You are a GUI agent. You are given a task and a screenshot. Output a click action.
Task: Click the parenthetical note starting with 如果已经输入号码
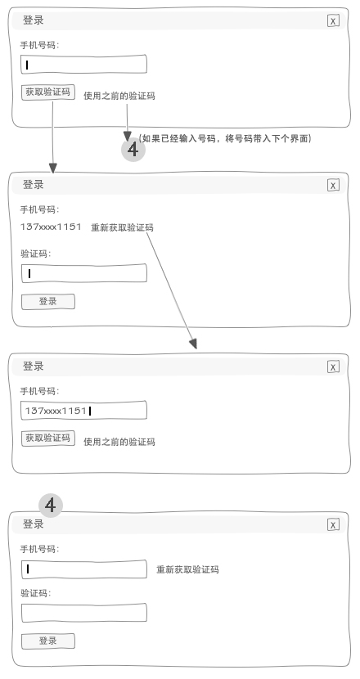tap(225, 138)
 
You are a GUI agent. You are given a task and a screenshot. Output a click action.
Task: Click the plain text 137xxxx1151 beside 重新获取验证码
tap(51, 227)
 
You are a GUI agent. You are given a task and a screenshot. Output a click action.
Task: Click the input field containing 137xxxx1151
tap(84, 411)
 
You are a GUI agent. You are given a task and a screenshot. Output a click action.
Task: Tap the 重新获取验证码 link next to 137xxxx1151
tap(122, 227)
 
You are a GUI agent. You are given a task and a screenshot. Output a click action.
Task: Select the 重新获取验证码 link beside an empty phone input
tap(187, 569)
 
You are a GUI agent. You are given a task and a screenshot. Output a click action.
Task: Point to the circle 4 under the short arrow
tap(133, 150)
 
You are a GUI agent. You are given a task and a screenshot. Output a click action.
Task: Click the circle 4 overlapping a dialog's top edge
tap(51, 506)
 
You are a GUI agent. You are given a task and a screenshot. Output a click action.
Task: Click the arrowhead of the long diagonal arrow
tap(194, 344)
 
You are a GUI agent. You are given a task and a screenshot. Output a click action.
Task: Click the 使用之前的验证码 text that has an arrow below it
tap(119, 96)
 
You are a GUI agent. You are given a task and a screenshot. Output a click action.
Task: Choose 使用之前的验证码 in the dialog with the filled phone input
tap(119, 442)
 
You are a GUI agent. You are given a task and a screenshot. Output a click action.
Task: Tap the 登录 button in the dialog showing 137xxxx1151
tap(48, 301)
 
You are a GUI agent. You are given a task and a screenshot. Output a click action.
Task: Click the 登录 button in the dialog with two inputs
tap(48, 641)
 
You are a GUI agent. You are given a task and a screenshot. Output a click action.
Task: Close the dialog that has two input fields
tap(333, 525)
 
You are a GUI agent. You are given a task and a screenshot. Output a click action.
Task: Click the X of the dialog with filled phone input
tap(333, 366)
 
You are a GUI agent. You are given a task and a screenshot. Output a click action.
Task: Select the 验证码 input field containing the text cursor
tap(84, 273)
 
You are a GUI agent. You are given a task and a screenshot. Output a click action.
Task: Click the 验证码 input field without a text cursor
tap(84, 613)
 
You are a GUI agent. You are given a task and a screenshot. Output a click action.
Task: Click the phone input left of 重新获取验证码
tap(84, 569)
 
